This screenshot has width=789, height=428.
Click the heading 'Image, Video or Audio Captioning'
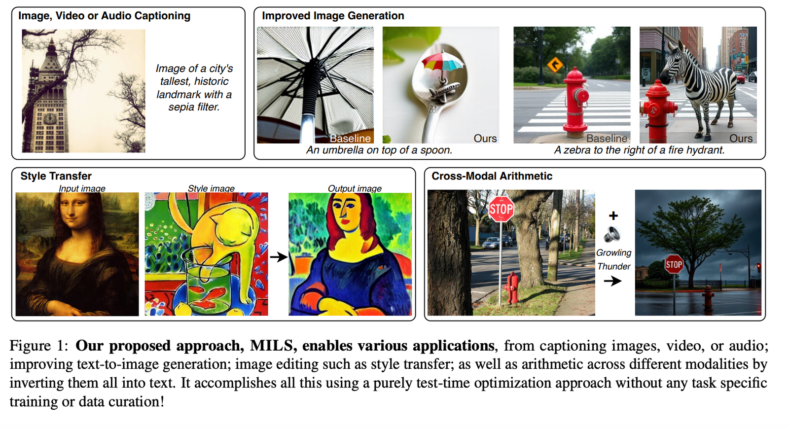(x=104, y=16)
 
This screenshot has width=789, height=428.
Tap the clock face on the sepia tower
(x=50, y=118)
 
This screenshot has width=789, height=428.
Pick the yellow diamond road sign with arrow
(x=555, y=65)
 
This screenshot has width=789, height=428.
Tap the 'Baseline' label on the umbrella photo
(x=350, y=138)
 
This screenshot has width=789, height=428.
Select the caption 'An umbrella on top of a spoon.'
(x=379, y=150)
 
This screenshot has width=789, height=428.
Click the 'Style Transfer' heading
(x=56, y=176)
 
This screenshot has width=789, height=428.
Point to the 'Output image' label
(x=355, y=188)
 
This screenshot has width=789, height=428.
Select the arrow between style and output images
(x=279, y=257)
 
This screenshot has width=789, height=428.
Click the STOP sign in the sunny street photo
(x=501, y=209)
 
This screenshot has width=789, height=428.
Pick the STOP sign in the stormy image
(x=674, y=265)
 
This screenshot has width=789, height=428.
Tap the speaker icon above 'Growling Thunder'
(x=612, y=234)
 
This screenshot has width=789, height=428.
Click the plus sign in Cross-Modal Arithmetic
(x=613, y=215)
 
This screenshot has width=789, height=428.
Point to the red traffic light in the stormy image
(x=758, y=266)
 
